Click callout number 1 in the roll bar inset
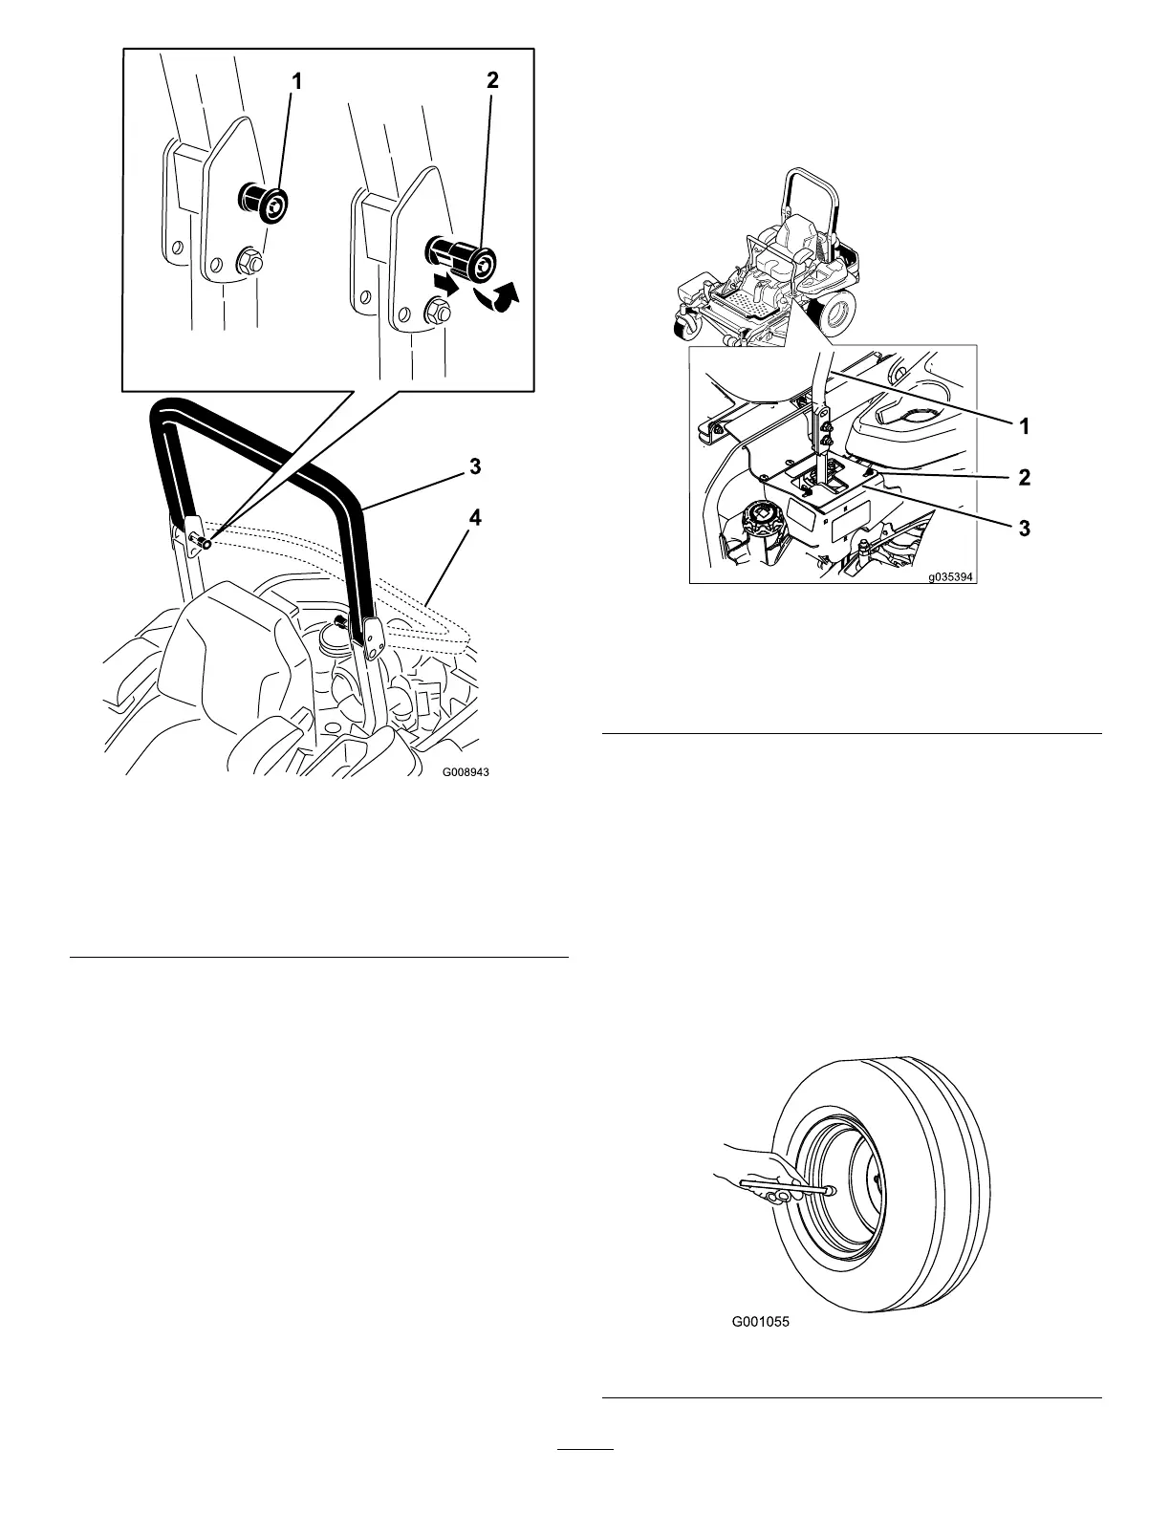296,83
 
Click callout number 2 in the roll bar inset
492,81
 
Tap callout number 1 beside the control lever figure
1025,426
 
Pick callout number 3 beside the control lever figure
1025,527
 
